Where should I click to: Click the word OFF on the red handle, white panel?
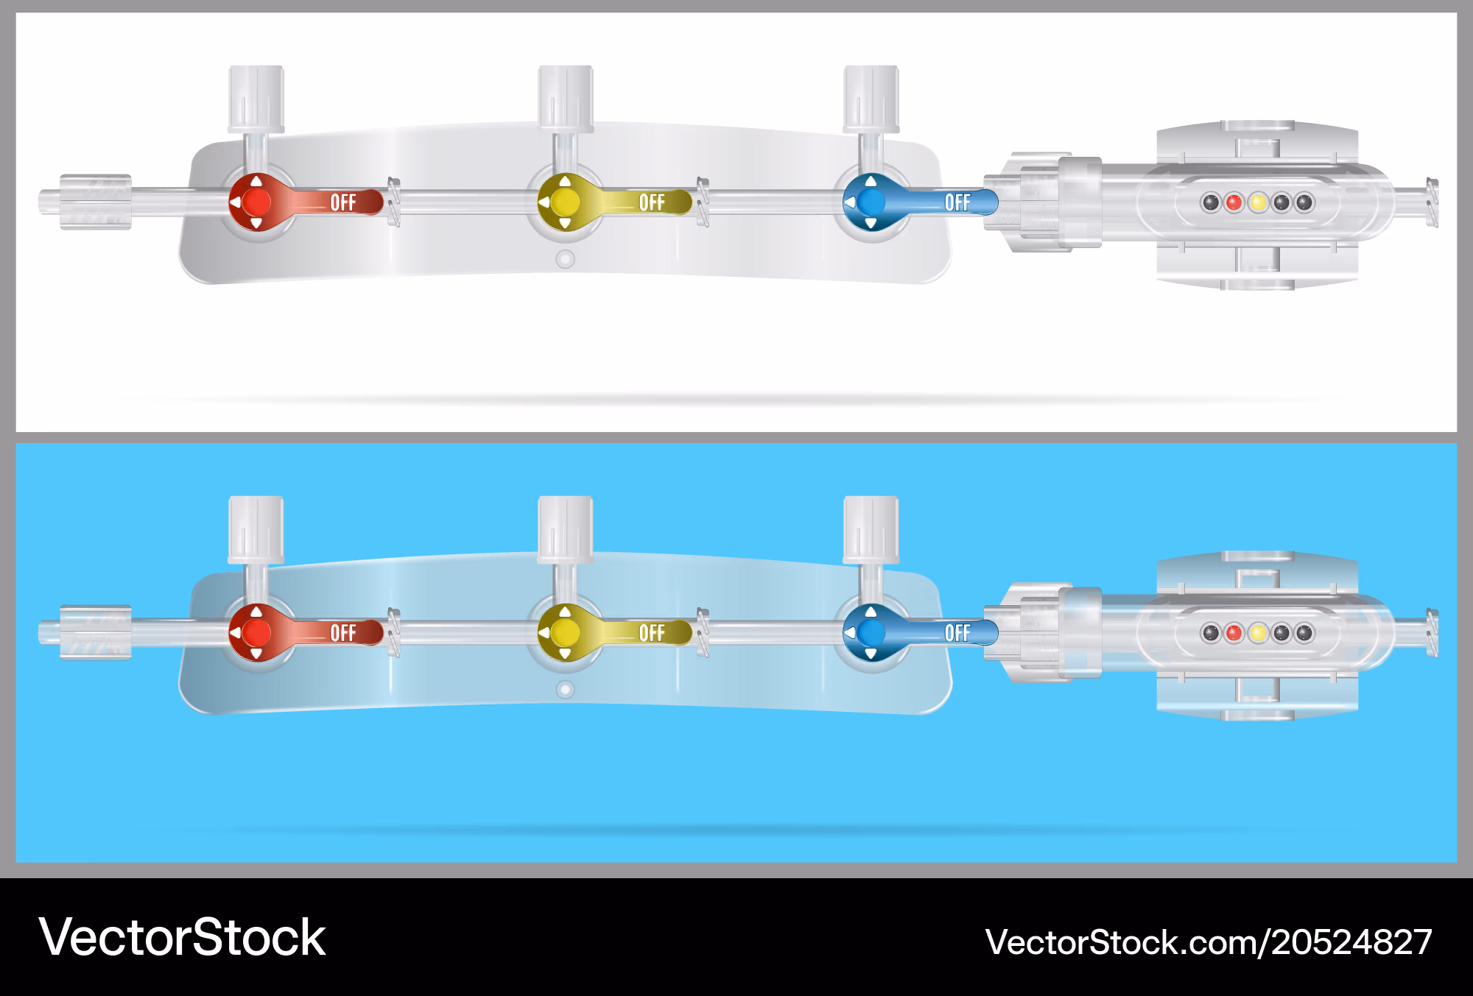(x=343, y=202)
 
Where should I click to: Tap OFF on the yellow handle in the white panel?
(x=652, y=202)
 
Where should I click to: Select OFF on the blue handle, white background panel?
(x=957, y=202)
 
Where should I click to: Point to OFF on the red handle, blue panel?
(x=343, y=633)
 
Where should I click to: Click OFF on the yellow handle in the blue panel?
(x=652, y=633)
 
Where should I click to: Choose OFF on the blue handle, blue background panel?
(x=957, y=633)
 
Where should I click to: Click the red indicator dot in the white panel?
(x=1234, y=202)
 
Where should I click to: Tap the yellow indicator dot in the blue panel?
(x=1258, y=633)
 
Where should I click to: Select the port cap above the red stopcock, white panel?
(x=256, y=99)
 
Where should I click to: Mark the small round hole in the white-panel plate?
(x=565, y=259)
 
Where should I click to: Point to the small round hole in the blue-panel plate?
(x=565, y=690)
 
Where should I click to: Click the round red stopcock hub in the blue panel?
(x=256, y=632)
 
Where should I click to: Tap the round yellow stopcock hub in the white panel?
(x=565, y=202)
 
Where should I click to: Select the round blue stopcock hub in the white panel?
(x=871, y=202)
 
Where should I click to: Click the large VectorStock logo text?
(x=182, y=938)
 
